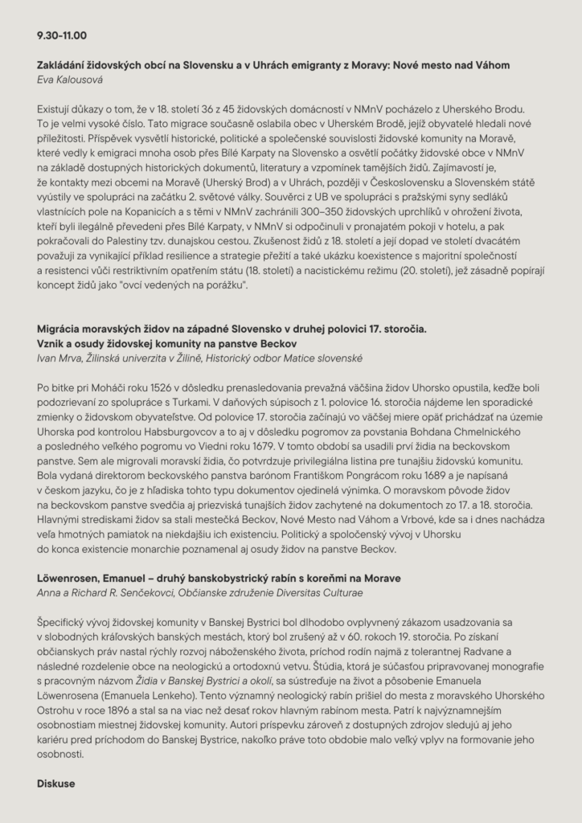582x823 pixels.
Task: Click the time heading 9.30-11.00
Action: pyautogui.click(x=62, y=36)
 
